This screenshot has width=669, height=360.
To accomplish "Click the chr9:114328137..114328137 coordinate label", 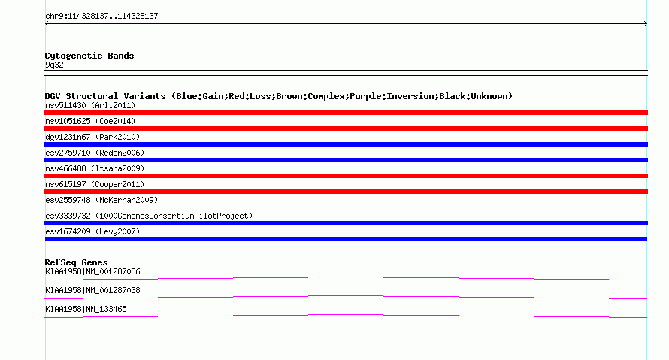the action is click(x=101, y=17).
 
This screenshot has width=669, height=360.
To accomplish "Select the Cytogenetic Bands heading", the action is click(x=89, y=56).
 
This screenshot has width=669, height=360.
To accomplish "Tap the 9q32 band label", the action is click(x=54, y=65).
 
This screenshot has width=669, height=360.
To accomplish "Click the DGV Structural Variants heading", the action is click(x=279, y=96).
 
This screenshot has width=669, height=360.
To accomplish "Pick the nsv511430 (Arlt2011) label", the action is click(x=90, y=105).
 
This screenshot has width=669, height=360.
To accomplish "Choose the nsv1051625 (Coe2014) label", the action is click(x=90, y=121).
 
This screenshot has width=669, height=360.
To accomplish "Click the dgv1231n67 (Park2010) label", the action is click(x=92, y=137).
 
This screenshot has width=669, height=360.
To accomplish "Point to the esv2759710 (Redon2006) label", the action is click(x=95, y=153).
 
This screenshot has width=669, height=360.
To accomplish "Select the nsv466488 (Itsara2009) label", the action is click(x=95, y=168).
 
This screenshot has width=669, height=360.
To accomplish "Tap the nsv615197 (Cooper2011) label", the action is click(x=95, y=184).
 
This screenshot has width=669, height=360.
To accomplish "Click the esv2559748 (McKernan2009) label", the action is click(x=101, y=200).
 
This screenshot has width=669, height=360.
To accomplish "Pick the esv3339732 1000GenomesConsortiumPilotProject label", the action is click(x=149, y=216).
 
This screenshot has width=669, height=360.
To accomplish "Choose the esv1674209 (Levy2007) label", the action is click(x=92, y=231).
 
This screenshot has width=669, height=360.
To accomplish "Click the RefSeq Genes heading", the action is click(x=76, y=263).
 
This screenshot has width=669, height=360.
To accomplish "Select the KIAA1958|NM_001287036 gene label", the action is click(x=92, y=272).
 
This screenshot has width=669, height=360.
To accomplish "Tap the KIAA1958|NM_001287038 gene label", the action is click(x=92, y=290).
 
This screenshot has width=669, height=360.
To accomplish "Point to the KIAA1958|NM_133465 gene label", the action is click(x=86, y=309).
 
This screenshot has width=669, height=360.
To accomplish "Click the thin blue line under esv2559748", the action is click(x=346, y=207).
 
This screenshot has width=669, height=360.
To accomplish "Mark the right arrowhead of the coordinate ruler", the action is click(x=646, y=24).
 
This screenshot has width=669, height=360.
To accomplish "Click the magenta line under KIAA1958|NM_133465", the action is click(x=346, y=315).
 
